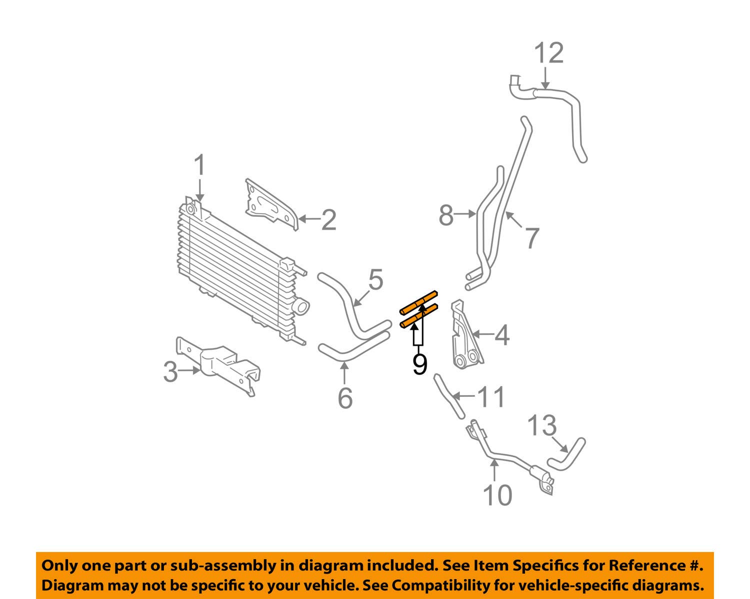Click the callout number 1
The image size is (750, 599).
(199, 165)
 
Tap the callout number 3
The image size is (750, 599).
(171, 372)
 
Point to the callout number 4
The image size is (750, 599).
(501, 335)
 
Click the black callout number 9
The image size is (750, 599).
(420, 364)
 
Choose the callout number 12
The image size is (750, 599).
(549, 53)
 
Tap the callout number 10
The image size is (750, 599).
(497, 495)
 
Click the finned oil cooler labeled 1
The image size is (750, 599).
(235, 265)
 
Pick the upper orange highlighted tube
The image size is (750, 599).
(419, 303)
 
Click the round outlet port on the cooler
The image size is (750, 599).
(302, 305)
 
